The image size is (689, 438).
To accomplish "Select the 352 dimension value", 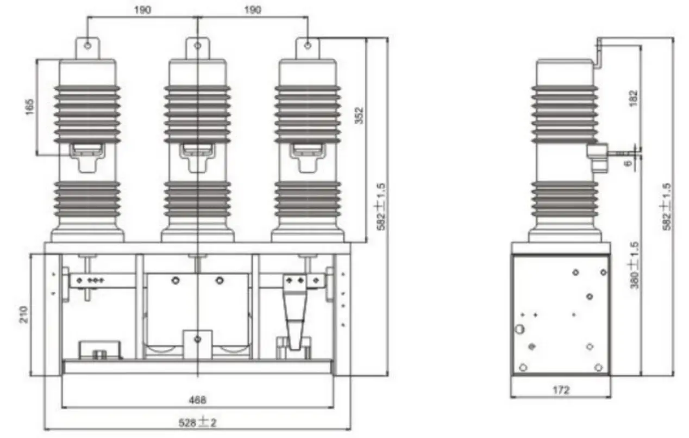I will [x=359, y=116].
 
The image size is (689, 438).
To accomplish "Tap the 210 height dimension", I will [x=23, y=314].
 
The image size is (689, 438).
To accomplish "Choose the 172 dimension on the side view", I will [x=561, y=390].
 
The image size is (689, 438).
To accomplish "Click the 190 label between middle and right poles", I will [x=253, y=10].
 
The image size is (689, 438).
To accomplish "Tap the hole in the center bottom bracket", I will [x=198, y=339].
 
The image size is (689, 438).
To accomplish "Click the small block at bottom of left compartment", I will [x=101, y=349].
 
